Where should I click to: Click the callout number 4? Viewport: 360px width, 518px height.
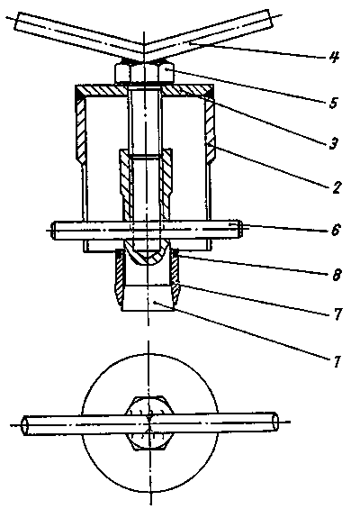click(x=334, y=57)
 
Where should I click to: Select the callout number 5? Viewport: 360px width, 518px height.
click(x=333, y=103)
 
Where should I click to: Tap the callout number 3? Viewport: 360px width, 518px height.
click(x=333, y=143)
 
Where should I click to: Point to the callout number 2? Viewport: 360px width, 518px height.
click(x=335, y=187)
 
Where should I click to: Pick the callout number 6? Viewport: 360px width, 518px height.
click(x=336, y=230)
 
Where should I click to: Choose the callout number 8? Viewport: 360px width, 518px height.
click(x=337, y=275)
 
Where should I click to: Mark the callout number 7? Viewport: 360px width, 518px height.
click(x=337, y=314)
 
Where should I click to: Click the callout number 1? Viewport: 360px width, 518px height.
click(x=337, y=361)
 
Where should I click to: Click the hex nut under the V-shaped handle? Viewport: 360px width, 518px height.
click(x=144, y=73)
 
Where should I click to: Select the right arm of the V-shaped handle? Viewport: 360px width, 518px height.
click(x=209, y=35)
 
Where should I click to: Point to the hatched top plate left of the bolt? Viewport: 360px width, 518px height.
click(x=102, y=91)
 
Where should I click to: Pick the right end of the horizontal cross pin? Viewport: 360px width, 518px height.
click(x=240, y=229)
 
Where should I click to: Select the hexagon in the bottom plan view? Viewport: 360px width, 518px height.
click(x=149, y=423)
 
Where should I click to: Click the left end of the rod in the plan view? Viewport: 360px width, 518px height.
click(x=24, y=425)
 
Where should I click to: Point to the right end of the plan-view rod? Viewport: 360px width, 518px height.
click(x=274, y=423)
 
